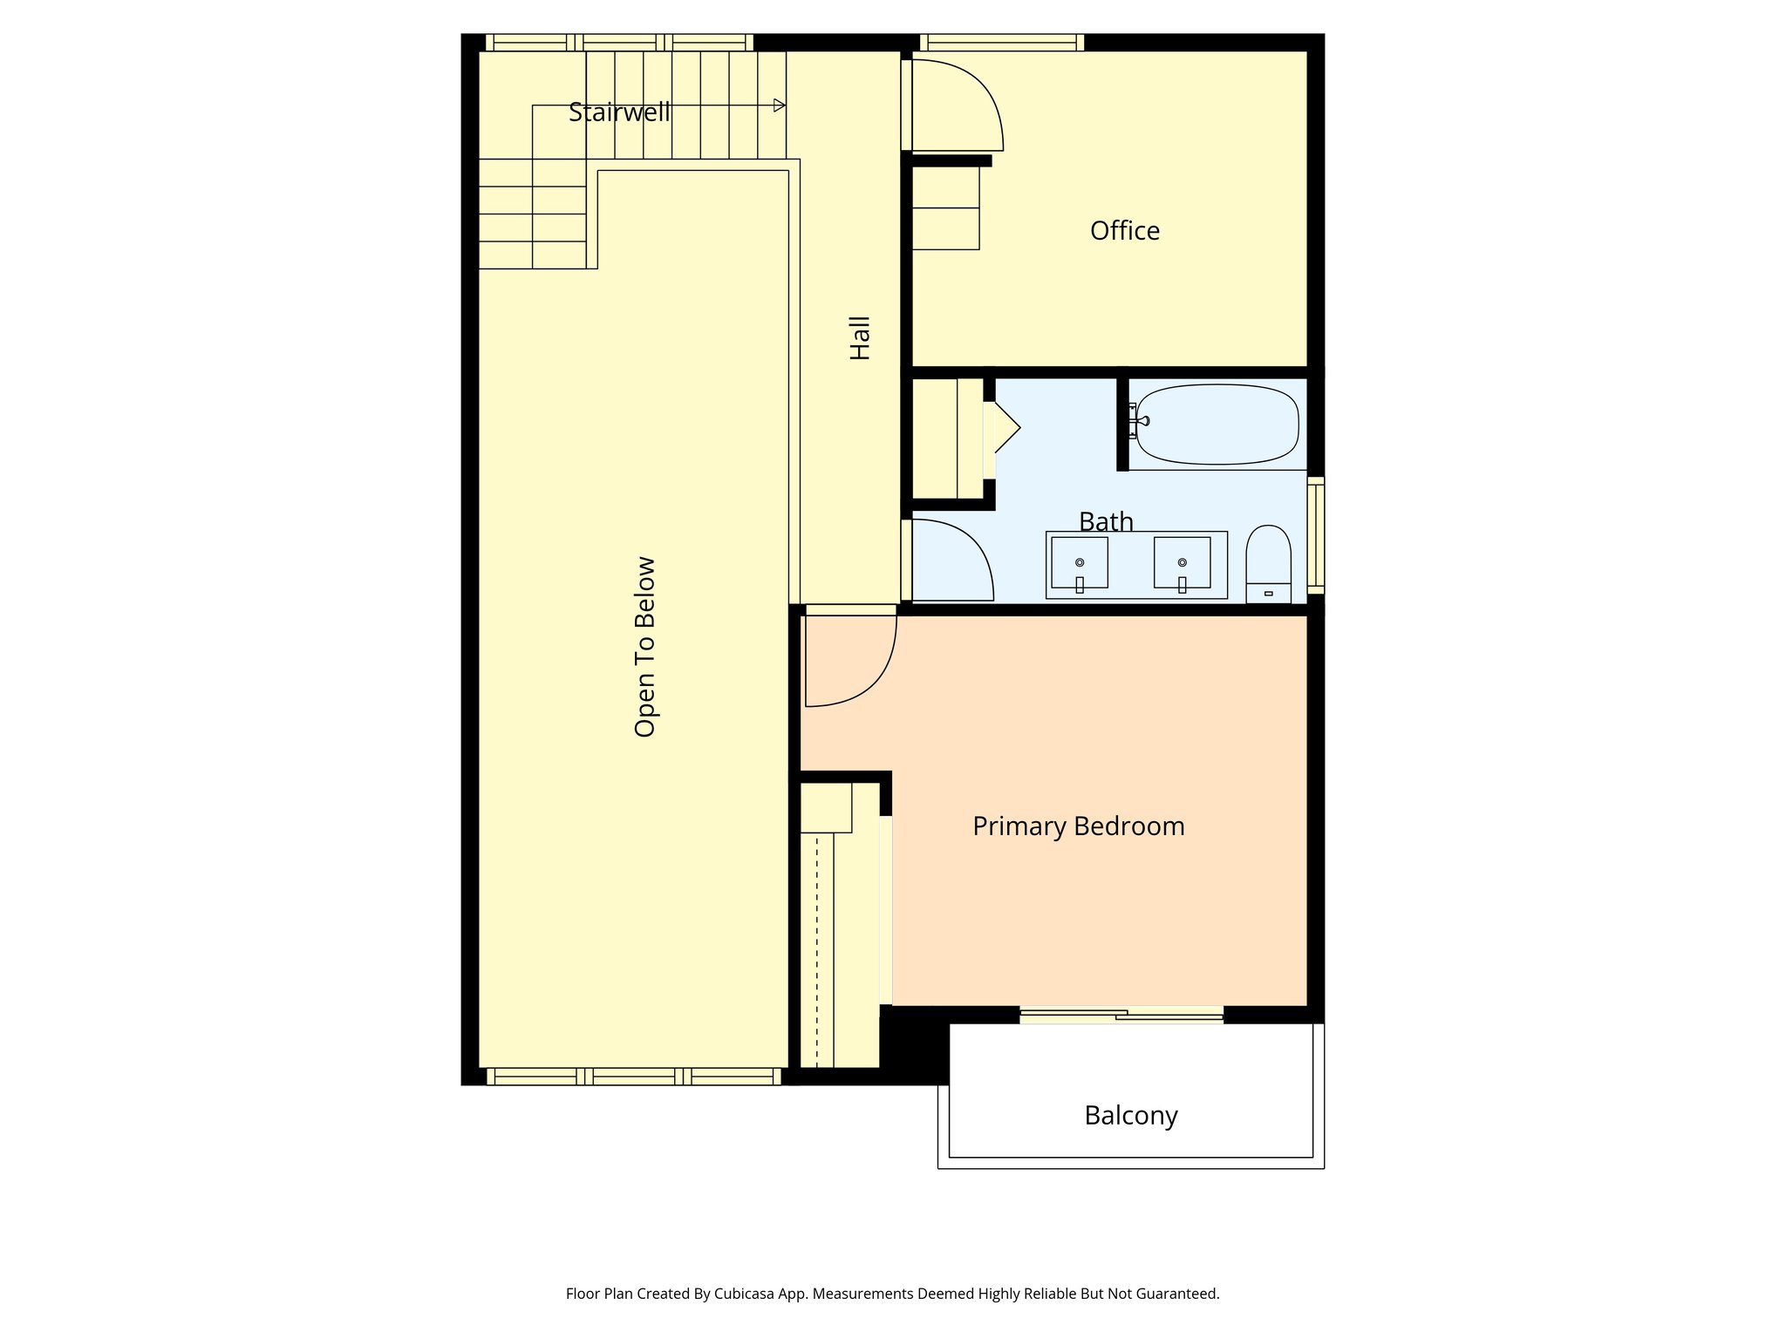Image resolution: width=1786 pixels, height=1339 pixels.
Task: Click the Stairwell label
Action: (x=619, y=112)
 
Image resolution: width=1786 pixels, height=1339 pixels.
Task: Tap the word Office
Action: (x=1124, y=231)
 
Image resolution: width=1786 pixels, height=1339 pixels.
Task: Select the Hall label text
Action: (x=860, y=338)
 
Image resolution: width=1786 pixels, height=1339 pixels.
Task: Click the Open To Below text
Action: (x=644, y=647)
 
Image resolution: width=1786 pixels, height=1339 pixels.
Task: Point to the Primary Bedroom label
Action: (x=1078, y=826)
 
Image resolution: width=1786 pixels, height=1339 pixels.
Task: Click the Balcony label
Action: (x=1130, y=1116)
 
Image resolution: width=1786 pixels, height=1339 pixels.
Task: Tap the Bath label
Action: (x=1106, y=521)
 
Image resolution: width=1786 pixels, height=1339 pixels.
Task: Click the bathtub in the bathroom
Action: (x=1217, y=425)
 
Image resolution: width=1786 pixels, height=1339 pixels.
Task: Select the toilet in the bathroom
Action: (x=1268, y=562)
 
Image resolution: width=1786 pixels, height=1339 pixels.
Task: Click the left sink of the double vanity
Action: (x=1079, y=563)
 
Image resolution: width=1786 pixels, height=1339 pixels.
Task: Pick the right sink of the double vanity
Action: (x=1182, y=563)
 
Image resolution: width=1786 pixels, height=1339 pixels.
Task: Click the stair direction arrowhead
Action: (x=779, y=105)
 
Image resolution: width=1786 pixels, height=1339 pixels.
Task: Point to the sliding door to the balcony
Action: (x=1121, y=1015)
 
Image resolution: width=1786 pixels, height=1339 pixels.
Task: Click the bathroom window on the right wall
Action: (x=1316, y=534)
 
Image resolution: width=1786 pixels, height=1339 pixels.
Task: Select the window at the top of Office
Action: (x=1001, y=43)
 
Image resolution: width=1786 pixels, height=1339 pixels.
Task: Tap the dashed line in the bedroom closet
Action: (x=817, y=950)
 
